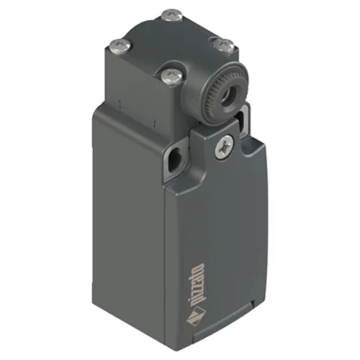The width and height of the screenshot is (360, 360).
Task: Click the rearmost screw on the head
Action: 172,15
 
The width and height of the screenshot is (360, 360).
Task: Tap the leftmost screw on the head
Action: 120,45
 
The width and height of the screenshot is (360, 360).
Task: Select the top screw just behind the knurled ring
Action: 224,45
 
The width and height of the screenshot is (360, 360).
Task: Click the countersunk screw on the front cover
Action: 225,147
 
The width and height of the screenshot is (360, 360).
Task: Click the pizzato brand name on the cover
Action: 199,284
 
